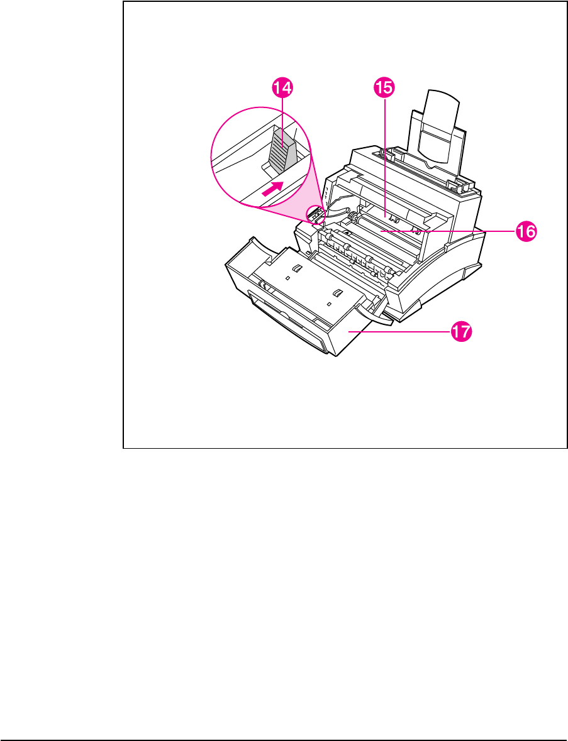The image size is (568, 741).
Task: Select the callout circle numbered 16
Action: [525, 231]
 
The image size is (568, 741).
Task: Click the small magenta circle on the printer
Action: [315, 215]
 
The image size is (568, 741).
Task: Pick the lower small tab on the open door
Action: [338, 294]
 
